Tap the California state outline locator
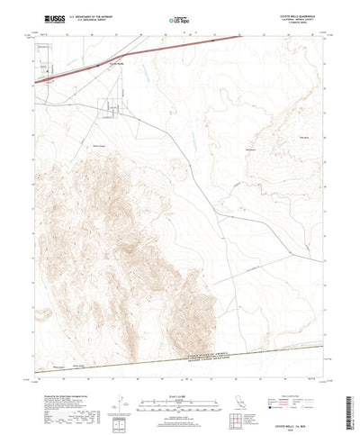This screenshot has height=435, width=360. (249, 391)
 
